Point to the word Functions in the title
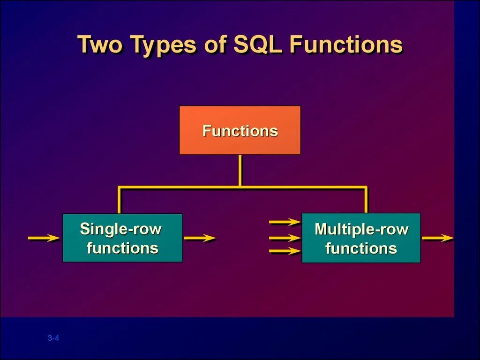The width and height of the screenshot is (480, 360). tap(346, 45)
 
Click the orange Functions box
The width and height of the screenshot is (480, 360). tap(240, 130)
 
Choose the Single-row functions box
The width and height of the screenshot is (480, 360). tap(122, 238)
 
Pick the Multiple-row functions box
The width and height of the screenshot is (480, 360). tap(361, 238)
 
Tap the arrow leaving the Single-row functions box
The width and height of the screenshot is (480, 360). tap(200, 238)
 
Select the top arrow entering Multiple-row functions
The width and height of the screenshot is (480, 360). tap(285, 221)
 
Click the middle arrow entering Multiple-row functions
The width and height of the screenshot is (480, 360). tap(285, 238)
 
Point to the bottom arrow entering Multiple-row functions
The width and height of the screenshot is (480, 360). tap(285, 252)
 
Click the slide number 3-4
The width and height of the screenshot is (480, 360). tap(53, 338)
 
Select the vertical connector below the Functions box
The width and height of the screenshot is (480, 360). tap(240, 171)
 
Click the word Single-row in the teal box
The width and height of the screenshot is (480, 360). tap(120, 229)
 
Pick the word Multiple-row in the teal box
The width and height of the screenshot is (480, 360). tap(361, 229)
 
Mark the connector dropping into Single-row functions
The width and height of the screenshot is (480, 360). tap(120, 201)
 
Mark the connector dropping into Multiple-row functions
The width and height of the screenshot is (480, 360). tap(366, 200)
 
